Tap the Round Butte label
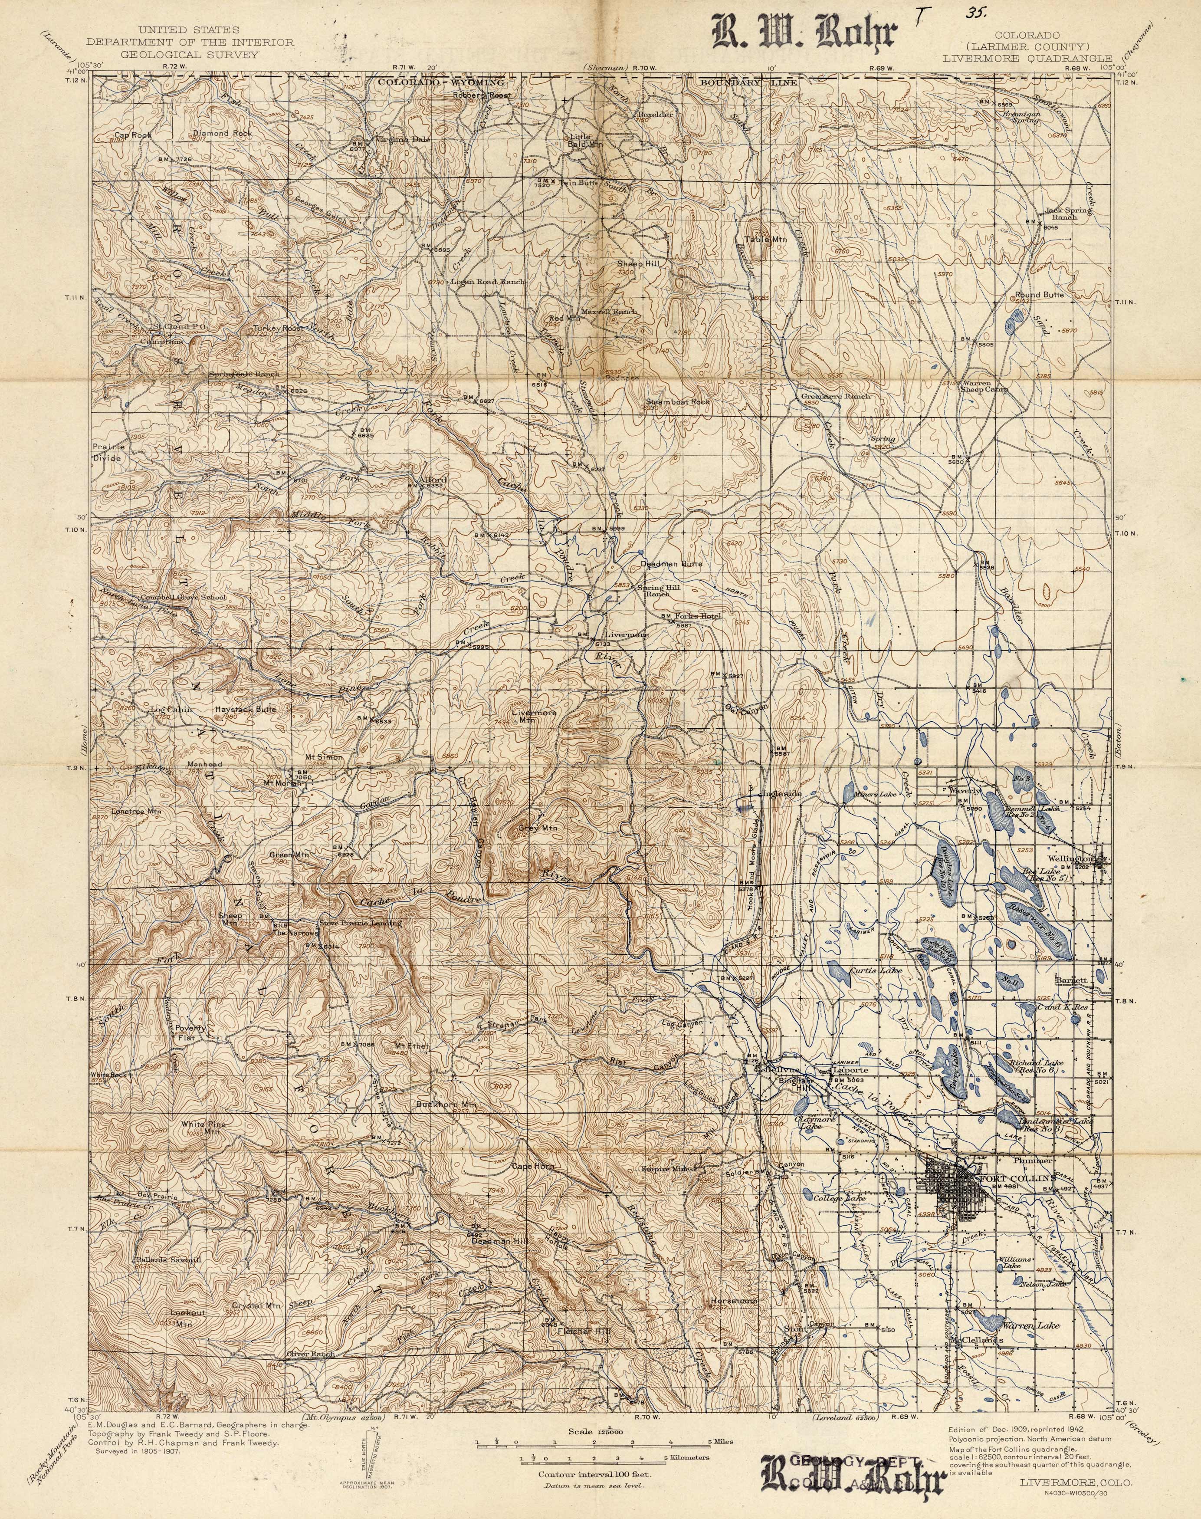point(1039,295)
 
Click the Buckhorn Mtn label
point(447,1105)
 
